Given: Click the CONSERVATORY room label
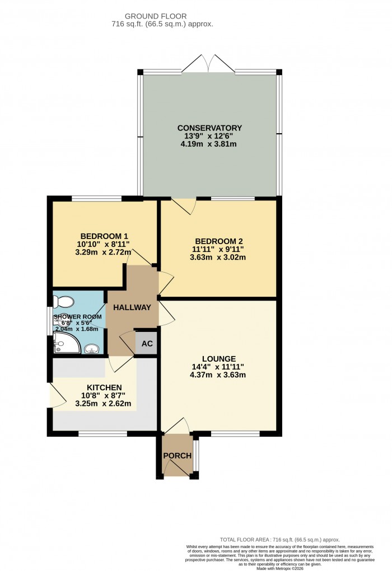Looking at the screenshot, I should (x=211, y=128).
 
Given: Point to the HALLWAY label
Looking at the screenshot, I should (x=132, y=307).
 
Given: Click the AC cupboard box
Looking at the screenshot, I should (x=146, y=343).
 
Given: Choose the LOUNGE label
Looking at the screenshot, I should (x=218, y=358).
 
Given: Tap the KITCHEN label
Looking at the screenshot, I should (x=104, y=387).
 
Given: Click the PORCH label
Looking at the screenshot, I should (x=177, y=456).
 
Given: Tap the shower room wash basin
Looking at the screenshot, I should (x=92, y=349).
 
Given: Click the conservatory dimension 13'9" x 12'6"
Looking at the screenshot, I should (x=211, y=136).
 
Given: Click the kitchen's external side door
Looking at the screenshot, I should (x=54, y=396).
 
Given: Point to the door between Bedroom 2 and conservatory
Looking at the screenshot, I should (x=184, y=205).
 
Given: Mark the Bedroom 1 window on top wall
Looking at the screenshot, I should (x=96, y=198).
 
